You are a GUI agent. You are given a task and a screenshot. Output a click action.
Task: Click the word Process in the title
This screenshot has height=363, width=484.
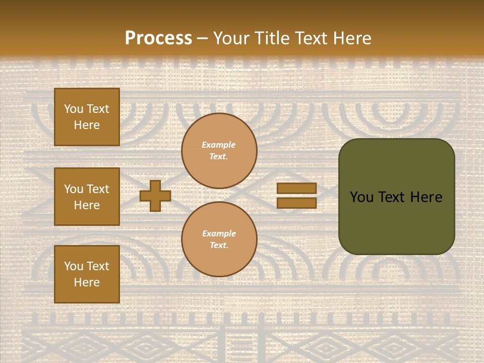pyautogui.click(x=158, y=38)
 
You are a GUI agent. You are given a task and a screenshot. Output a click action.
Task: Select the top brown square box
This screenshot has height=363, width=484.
pyautogui.click(x=87, y=117)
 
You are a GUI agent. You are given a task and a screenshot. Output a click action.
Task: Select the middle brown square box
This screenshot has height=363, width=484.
pyautogui.click(x=87, y=197)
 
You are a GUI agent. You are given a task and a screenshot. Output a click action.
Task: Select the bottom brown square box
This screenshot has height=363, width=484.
pyautogui.click(x=87, y=274)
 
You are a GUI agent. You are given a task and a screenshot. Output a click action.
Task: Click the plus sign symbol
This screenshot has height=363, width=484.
pyautogui.click(x=155, y=196)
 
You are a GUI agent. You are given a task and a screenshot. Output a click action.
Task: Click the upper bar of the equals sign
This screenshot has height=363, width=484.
pyautogui.click(x=296, y=188)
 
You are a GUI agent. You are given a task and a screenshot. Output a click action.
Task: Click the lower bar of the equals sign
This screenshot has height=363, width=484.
pyautogui.click(x=296, y=203)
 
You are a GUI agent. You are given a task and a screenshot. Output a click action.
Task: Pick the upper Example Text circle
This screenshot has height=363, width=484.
pyautogui.click(x=219, y=151)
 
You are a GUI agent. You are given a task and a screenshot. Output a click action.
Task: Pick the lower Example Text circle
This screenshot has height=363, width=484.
pyautogui.click(x=219, y=239)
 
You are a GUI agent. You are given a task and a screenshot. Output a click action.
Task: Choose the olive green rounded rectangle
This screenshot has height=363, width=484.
pyautogui.click(x=396, y=197)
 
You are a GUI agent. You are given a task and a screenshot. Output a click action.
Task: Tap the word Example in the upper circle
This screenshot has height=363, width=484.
pyautogui.click(x=219, y=145)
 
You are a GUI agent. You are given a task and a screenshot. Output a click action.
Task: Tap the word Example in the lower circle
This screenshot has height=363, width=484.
pyautogui.click(x=219, y=233)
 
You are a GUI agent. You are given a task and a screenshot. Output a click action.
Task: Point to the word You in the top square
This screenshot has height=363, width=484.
pyautogui.click(x=73, y=109)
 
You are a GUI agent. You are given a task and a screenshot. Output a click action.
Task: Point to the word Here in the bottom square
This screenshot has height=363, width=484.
pyautogui.click(x=87, y=282)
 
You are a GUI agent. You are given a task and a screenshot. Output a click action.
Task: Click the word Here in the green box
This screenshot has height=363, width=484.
pyautogui.click(x=426, y=197)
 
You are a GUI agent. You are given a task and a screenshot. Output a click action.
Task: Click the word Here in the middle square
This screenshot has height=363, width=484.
pyautogui.click(x=87, y=205)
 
